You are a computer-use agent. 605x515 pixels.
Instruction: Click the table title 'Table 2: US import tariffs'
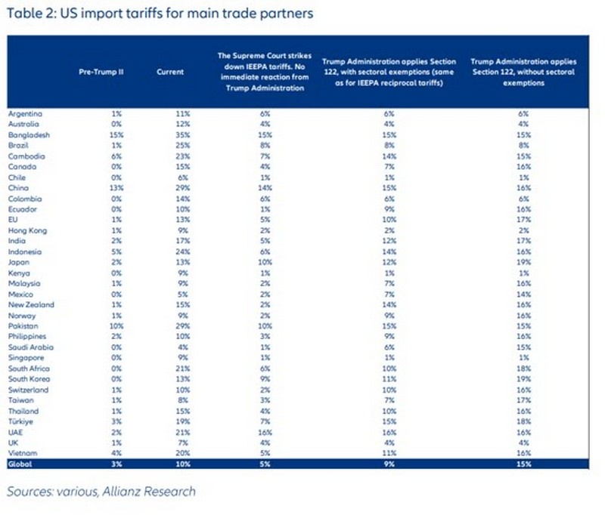pos(160,13)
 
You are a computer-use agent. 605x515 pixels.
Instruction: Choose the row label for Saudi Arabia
pos(29,345)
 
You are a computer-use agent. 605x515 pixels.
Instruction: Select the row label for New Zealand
pos(29,304)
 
